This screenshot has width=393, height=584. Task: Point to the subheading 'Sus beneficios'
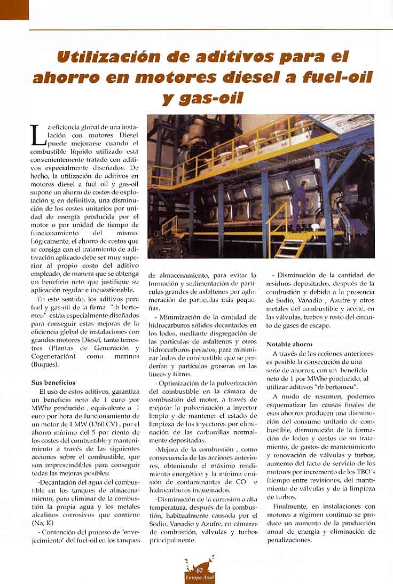[x=53, y=383]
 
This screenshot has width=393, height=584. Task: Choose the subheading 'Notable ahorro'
[x=289, y=344]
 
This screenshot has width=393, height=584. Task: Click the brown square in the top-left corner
[x=14, y=9]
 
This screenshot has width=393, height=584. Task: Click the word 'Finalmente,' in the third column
[x=289, y=505]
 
